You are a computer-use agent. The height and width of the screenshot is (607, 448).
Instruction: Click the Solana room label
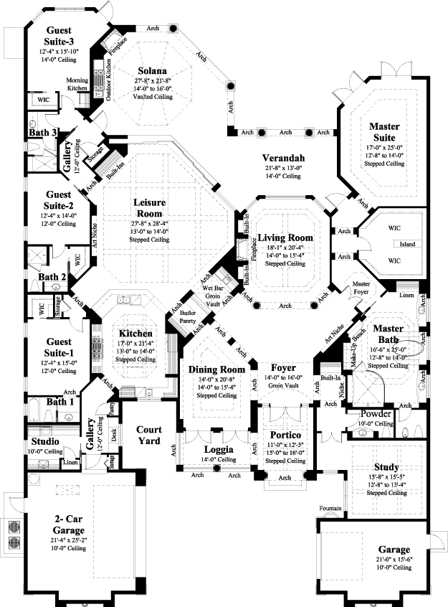click(x=153, y=71)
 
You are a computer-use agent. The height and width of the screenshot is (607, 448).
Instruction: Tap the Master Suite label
click(x=384, y=132)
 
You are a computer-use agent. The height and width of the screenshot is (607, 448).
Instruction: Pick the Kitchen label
click(x=135, y=334)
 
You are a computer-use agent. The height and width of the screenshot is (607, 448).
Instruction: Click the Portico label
click(x=285, y=435)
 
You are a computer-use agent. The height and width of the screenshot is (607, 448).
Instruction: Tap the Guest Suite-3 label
click(x=63, y=36)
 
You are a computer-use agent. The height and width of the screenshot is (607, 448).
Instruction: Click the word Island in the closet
click(x=408, y=245)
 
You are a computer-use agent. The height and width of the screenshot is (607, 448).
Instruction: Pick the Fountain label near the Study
click(x=330, y=509)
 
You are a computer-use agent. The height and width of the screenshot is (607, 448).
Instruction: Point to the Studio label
click(x=44, y=441)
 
